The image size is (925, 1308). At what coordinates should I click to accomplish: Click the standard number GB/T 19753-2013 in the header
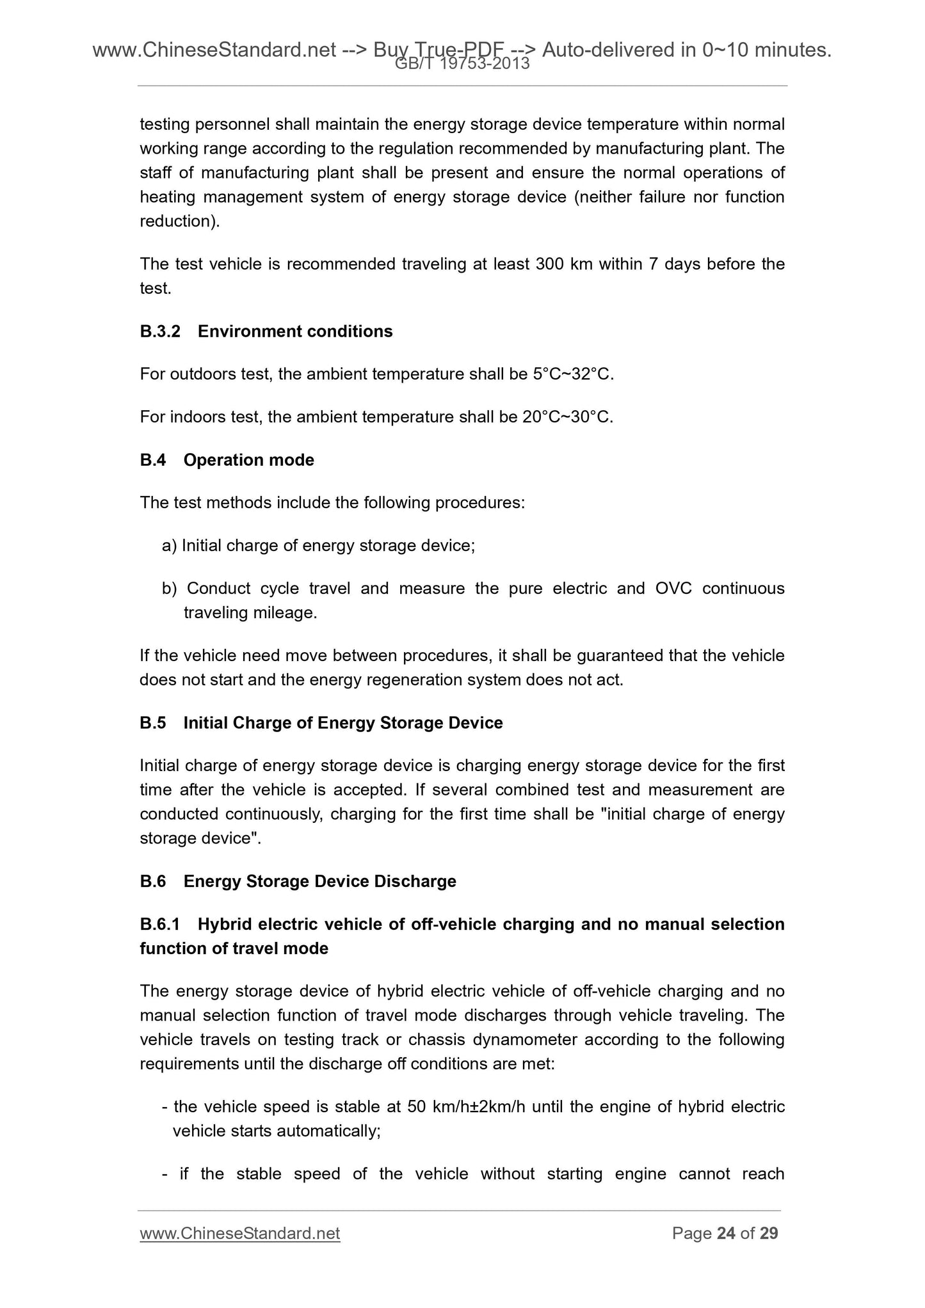click(x=462, y=63)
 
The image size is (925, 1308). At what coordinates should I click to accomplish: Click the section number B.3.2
click(x=160, y=331)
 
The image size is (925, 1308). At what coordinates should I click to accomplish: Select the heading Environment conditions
click(x=295, y=331)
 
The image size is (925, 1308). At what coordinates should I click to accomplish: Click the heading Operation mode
click(x=248, y=460)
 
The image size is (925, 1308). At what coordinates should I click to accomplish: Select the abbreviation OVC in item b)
click(x=673, y=589)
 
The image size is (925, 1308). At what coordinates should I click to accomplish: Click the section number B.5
click(x=152, y=723)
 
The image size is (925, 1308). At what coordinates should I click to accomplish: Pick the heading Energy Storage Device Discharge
click(x=319, y=882)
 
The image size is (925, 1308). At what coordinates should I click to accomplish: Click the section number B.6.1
click(x=160, y=925)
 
